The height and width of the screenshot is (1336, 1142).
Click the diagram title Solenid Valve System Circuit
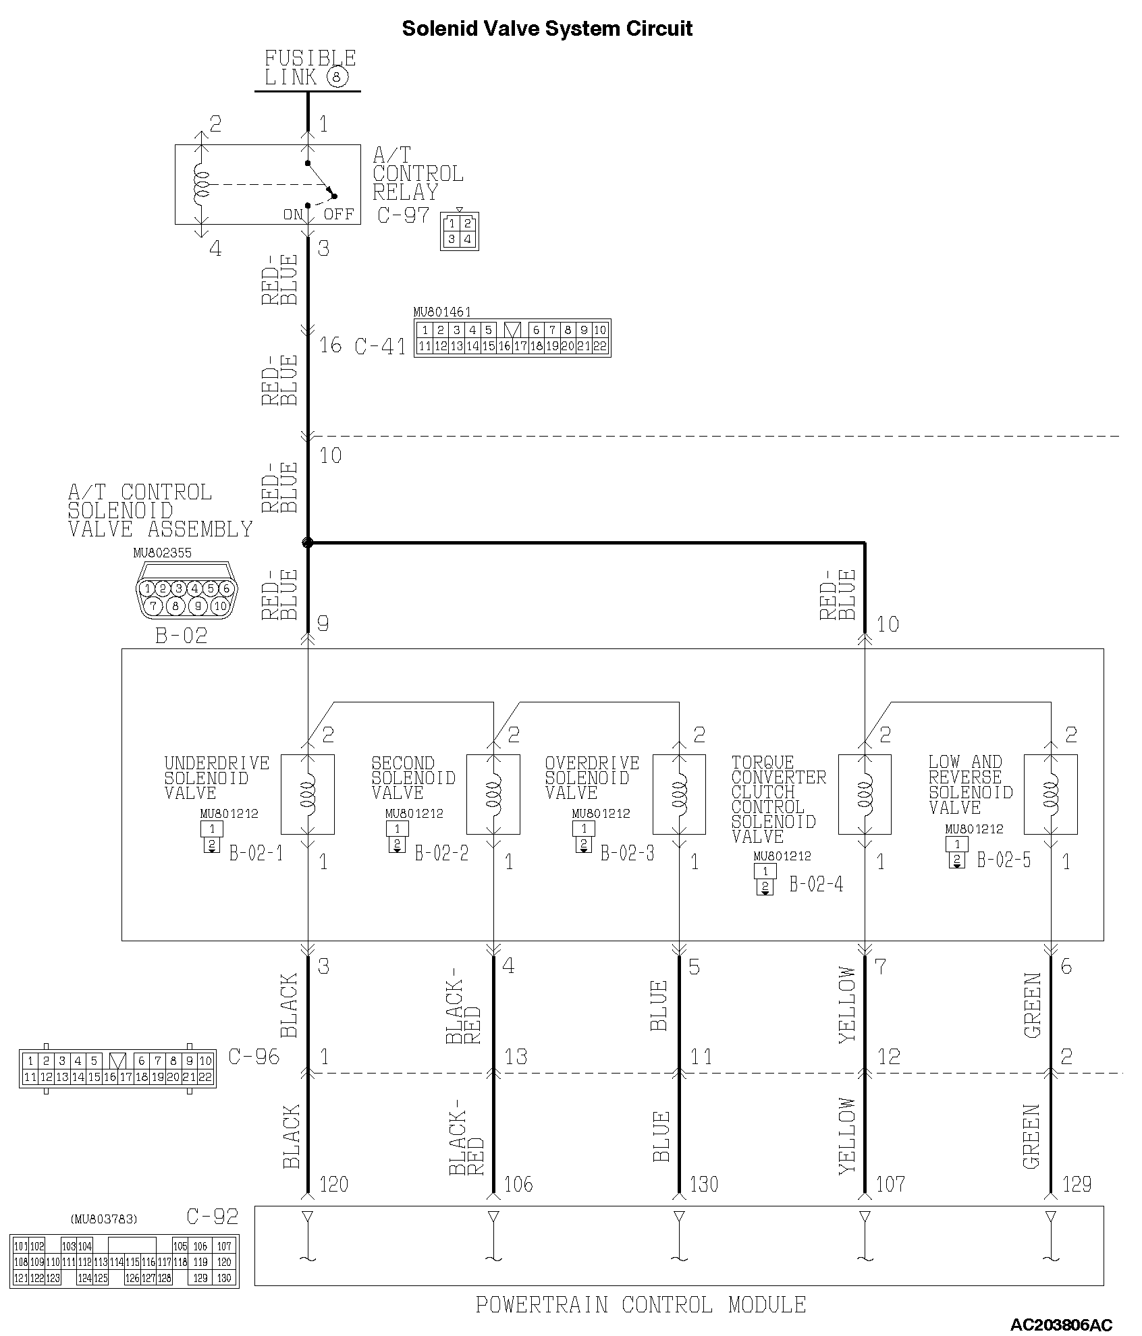[x=547, y=29]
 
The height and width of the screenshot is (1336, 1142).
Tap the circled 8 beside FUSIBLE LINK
[x=337, y=78]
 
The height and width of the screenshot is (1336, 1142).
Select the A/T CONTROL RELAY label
[x=418, y=174]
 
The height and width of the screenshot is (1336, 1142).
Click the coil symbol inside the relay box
[x=200, y=184]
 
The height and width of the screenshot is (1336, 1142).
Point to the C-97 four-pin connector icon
[x=460, y=231]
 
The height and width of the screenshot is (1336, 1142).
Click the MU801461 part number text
[x=442, y=312]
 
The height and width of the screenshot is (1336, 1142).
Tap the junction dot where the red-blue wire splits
[x=308, y=542]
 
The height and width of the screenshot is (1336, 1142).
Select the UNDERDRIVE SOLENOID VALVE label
[x=217, y=778]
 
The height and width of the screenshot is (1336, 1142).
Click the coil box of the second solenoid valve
[x=493, y=794]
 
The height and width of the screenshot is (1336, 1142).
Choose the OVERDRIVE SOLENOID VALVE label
[x=592, y=778]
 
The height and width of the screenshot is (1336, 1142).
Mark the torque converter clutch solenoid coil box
[x=865, y=794]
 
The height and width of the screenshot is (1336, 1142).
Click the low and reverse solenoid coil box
[x=1050, y=794]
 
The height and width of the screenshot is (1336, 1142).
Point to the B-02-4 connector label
[x=816, y=884]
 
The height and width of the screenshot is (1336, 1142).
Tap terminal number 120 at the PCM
[x=333, y=1184]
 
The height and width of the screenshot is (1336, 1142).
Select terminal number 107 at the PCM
[x=890, y=1184]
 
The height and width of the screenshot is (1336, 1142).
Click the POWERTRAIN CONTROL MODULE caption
[x=641, y=1305]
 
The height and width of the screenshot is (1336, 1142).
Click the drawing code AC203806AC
[x=1061, y=1325]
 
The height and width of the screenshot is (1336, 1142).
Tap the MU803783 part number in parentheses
[x=104, y=1219]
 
